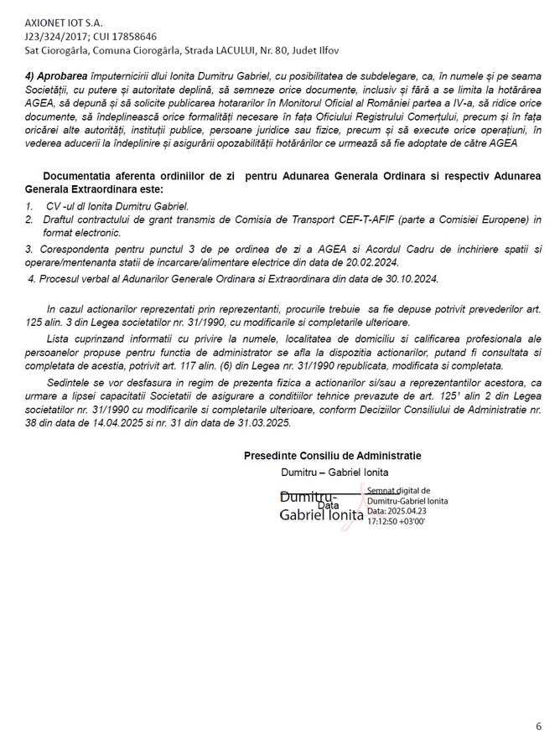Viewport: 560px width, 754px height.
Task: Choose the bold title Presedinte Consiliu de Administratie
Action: coord(333,456)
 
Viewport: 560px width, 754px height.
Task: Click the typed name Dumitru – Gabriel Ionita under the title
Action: coord(329,473)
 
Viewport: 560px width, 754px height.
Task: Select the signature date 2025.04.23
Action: coord(407,511)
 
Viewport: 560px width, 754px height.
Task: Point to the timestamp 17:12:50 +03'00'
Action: coord(397,521)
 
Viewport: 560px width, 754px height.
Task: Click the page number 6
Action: coord(538,726)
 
